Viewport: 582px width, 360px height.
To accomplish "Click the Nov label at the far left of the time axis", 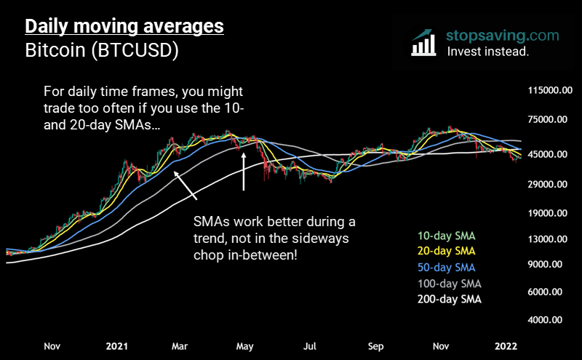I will click(52, 346).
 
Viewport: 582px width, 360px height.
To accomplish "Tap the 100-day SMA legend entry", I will click(450, 283).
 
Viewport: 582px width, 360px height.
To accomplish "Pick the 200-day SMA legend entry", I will click(450, 299).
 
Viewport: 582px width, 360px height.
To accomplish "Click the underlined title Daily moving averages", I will click(124, 28).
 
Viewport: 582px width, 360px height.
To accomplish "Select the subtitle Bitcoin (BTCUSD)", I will click(102, 52).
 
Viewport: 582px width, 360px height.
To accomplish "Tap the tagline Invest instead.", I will click(487, 52).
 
